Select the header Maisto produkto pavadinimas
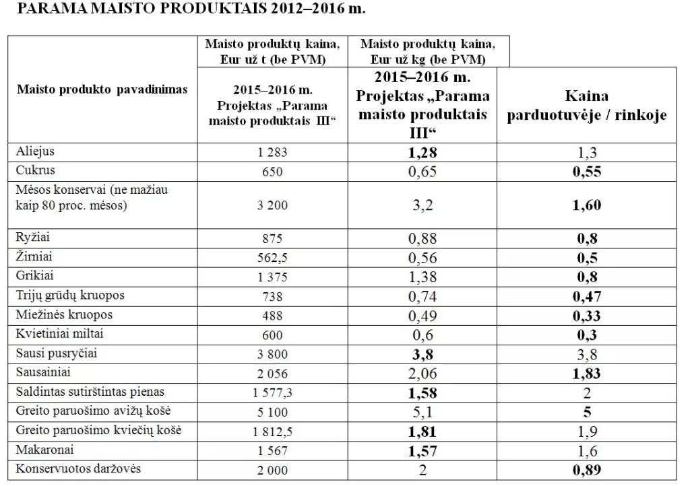(x=102, y=89)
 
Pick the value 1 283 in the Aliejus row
(x=272, y=152)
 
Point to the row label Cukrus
(x=35, y=170)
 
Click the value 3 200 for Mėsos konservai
(x=272, y=205)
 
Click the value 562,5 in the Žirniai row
(x=272, y=257)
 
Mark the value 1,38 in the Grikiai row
(x=422, y=276)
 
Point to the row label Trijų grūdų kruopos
(x=70, y=295)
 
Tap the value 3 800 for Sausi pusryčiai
(x=272, y=353)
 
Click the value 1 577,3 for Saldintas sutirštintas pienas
(x=272, y=392)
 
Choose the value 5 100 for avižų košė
(x=272, y=411)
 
